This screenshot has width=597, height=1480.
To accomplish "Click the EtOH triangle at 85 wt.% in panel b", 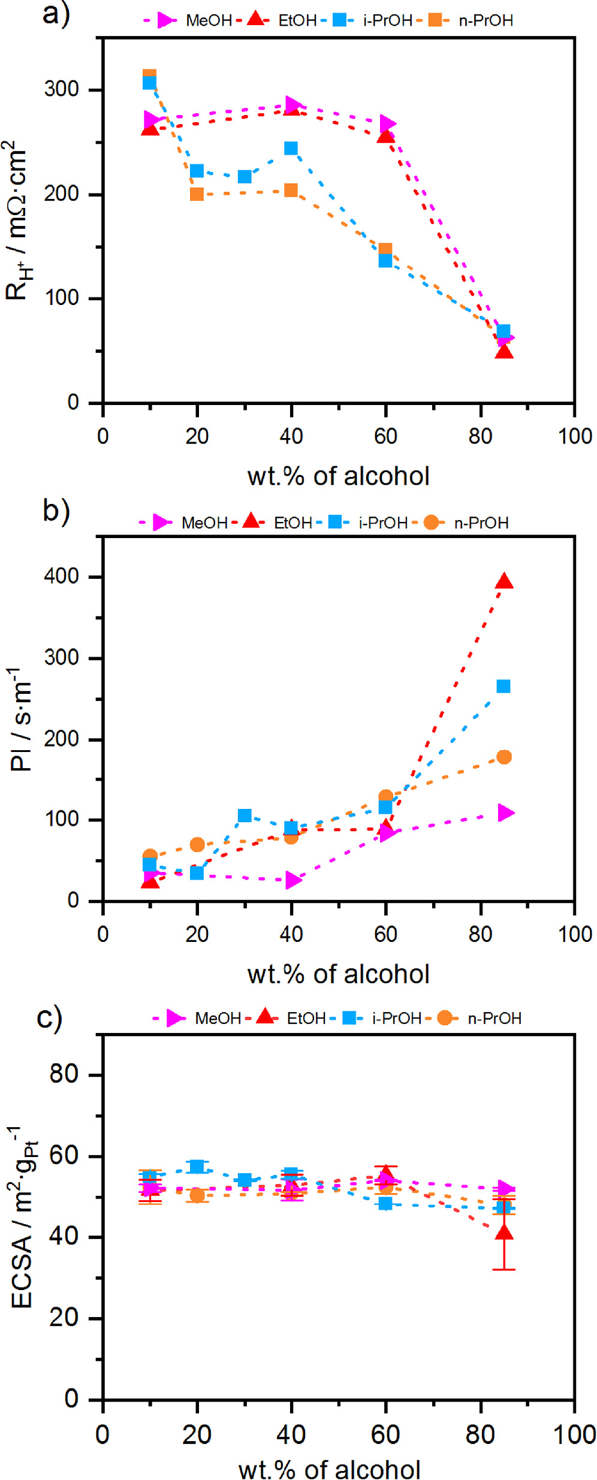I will pyautogui.click(x=504, y=582).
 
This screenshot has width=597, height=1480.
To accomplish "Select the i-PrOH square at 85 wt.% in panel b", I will pyautogui.click(x=503, y=686).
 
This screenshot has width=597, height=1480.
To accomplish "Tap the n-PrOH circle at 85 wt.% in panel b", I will pyautogui.click(x=504, y=757).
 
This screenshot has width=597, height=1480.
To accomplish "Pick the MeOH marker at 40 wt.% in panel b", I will pyautogui.click(x=293, y=880).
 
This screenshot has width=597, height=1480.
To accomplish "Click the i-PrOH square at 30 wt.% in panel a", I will pyautogui.click(x=244, y=176).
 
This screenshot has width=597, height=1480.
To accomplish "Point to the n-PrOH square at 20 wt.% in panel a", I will pyautogui.click(x=197, y=194).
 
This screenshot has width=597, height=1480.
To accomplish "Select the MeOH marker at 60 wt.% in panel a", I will pyautogui.click(x=387, y=124).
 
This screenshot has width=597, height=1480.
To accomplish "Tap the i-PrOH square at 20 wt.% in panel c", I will pyautogui.click(x=197, y=1166).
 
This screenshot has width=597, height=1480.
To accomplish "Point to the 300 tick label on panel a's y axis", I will pyautogui.click(x=61, y=89).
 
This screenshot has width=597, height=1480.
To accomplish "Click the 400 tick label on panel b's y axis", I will pyautogui.click(x=61, y=576).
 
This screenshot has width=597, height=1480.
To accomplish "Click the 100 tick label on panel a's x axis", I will pyautogui.click(x=575, y=436).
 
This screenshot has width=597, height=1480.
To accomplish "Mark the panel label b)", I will pyautogui.click(x=56, y=510).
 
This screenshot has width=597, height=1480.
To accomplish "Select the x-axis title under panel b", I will pyautogui.click(x=338, y=974).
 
